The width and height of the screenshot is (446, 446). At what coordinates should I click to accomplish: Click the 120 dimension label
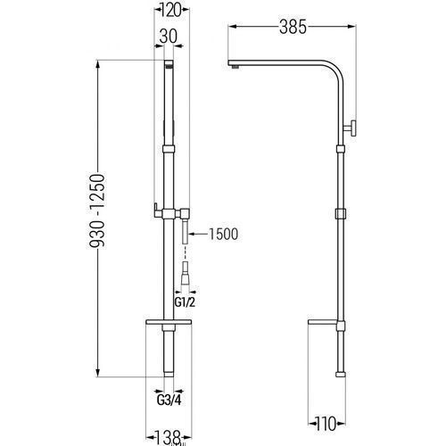tap(171, 11)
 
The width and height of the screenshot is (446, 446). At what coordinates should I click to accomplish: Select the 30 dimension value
tap(169, 37)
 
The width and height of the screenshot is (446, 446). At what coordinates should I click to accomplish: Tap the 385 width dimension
tap(293, 27)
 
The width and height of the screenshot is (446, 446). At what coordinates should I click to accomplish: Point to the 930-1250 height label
tap(97, 211)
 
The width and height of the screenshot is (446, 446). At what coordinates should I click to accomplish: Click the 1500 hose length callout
tap(224, 234)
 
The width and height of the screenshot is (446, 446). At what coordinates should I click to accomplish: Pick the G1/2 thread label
tap(185, 302)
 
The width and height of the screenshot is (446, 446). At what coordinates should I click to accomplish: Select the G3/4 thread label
tap(169, 401)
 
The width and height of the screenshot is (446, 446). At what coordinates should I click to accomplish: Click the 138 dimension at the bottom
tap(169, 437)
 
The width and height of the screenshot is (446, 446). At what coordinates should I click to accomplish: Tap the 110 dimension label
tap(326, 424)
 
